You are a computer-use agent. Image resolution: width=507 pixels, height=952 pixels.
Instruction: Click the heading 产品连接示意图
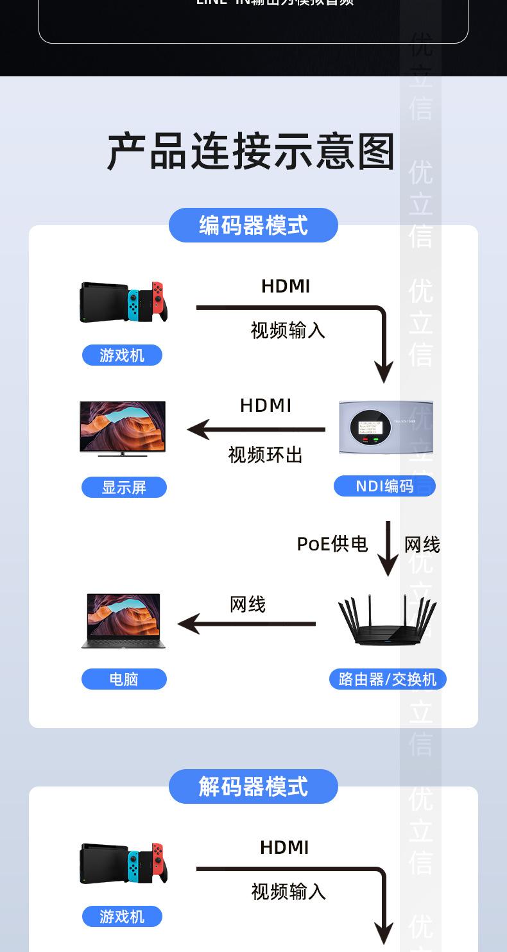tap(251, 152)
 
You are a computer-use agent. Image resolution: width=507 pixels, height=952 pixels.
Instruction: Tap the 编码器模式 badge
tap(253, 225)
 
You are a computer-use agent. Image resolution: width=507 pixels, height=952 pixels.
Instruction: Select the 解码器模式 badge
tap(253, 786)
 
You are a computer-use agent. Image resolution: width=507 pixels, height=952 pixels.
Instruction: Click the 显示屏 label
tap(124, 488)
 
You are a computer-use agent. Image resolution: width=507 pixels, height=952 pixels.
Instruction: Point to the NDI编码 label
tap(384, 486)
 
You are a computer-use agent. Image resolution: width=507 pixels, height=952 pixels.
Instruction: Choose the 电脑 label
tap(124, 679)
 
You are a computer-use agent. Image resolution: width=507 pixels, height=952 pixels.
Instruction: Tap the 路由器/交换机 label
tap(387, 679)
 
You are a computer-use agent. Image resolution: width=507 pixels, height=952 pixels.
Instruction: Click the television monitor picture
tap(123, 428)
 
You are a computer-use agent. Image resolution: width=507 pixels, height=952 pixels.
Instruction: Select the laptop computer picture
tap(123, 621)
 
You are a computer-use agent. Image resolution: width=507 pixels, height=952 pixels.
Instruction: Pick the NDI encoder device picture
tap(386, 427)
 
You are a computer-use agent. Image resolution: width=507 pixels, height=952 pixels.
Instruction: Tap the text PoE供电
tap(332, 544)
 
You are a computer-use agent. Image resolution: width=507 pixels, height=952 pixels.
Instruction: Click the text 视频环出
tap(265, 455)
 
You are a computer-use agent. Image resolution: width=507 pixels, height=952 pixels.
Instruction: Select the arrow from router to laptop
tap(247, 624)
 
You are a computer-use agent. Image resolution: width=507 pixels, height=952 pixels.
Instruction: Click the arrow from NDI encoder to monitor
tap(257, 429)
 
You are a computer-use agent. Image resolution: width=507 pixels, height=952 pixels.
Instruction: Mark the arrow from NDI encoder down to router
tap(388, 548)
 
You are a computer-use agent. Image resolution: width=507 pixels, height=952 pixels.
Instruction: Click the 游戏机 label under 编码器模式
tap(122, 355)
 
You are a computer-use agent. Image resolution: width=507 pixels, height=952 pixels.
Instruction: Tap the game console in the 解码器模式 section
tap(123, 863)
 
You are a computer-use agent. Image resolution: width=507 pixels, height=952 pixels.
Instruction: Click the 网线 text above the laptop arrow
tap(247, 604)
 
